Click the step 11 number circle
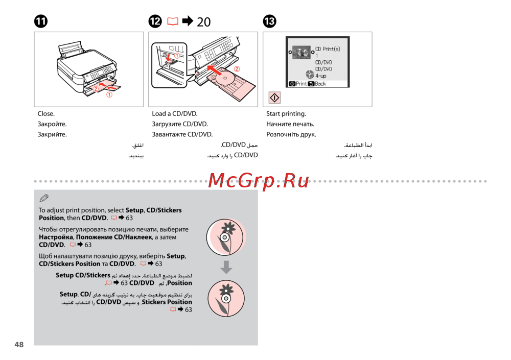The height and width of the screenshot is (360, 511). coord(41,21)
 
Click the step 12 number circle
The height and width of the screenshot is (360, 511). coord(155,21)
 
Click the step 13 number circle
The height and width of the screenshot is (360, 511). coord(269,21)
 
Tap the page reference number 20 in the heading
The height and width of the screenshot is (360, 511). coord(203,21)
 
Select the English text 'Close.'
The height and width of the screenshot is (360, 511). coord(46,114)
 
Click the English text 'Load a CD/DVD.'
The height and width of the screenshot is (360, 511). coord(175,114)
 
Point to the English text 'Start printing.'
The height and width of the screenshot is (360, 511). coord(286,114)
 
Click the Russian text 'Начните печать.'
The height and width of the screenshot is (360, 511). coord(290,124)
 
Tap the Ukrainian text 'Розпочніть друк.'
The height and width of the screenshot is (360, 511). coord(291,134)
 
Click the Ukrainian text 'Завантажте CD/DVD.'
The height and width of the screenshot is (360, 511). coord(182,134)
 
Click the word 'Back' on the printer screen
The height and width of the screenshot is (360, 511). coord(320,84)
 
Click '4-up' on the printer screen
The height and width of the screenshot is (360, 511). coord(321,76)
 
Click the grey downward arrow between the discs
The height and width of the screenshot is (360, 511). coord(226,267)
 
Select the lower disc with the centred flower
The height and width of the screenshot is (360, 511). coord(226,298)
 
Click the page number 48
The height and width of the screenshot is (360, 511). coord(19,345)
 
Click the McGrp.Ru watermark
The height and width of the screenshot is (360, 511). coord(259,180)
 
